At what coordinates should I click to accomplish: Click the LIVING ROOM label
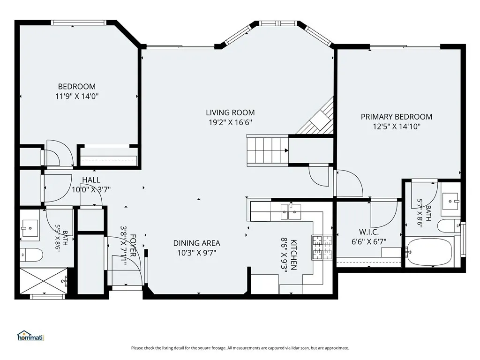tap(230, 112)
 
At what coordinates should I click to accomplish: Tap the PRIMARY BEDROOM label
tap(397, 117)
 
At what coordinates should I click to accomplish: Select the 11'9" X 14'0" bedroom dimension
tap(77, 96)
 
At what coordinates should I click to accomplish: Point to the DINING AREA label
tap(196, 243)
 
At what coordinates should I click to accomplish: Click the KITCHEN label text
tap(293, 255)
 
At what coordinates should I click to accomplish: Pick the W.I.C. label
tap(369, 232)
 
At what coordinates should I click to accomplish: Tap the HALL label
tap(91, 180)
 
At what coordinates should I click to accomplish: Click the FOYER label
tap(133, 246)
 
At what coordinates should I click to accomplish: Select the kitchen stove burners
tap(322, 247)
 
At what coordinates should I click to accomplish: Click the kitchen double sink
tap(291, 212)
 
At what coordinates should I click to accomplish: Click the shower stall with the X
tap(44, 281)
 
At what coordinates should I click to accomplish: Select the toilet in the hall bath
tap(31, 255)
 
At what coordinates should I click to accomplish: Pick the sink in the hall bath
tap(30, 228)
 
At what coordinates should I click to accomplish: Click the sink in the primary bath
tap(451, 201)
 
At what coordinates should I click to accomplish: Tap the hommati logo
tap(30, 336)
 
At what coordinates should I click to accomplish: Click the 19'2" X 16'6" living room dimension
tap(230, 122)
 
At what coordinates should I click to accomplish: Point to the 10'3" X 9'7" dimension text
tap(196, 253)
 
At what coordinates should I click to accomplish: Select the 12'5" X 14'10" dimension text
tap(397, 126)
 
